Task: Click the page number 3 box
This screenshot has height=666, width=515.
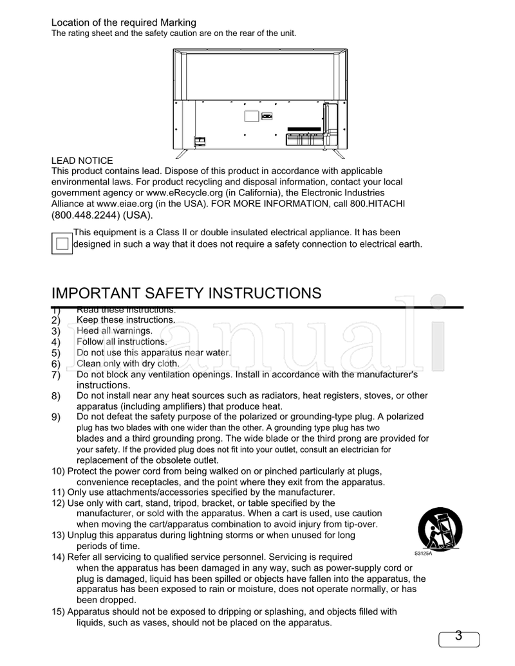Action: (x=459, y=637)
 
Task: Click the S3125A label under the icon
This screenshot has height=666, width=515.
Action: (x=422, y=553)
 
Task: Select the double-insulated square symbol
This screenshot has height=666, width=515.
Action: (x=62, y=244)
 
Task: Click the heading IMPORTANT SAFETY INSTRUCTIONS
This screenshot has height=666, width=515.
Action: (x=186, y=293)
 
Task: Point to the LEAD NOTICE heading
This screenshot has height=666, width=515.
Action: (x=82, y=160)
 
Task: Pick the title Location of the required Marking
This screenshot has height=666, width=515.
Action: (x=124, y=23)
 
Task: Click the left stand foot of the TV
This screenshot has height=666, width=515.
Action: (x=183, y=154)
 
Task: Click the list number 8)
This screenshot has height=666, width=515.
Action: (x=55, y=396)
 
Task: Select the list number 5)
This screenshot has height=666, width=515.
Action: (x=55, y=353)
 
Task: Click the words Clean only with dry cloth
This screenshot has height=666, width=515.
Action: (x=127, y=363)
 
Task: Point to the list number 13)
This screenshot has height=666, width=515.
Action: (x=59, y=535)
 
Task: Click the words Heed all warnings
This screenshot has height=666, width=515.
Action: (x=114, y=330)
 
